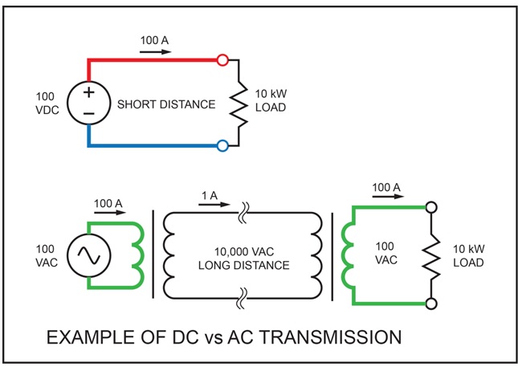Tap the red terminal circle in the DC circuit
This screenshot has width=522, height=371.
(222, 59)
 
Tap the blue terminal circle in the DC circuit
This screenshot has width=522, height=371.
(222, 145)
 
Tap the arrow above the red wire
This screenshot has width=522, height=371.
(155, 50)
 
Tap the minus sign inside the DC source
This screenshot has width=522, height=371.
(88, 114)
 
